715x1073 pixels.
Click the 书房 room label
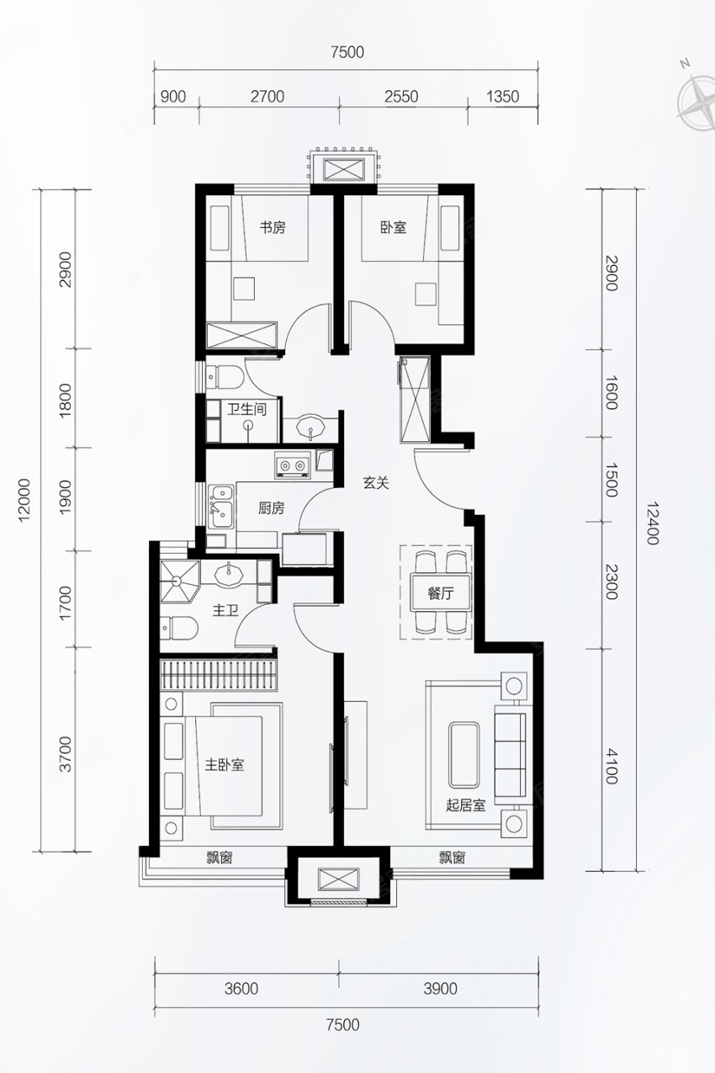(x=273, y=227)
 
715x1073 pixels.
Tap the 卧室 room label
(x=394, y=227)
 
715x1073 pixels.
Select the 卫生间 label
(x=246, y=409)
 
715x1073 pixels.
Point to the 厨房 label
(x=272, y=508)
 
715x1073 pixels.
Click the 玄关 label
(x=375, y=483)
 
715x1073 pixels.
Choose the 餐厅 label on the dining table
(x=441, y=594)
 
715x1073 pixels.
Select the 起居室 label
(x=466, y=805)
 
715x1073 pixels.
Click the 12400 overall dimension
(x=652, y=523)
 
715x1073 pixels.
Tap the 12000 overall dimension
(x=25, y=499)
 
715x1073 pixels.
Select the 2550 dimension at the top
(x=401, y=97)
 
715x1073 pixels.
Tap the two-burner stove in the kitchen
(x=292, y=465)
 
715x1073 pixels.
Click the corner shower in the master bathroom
(x=179, y=581)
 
